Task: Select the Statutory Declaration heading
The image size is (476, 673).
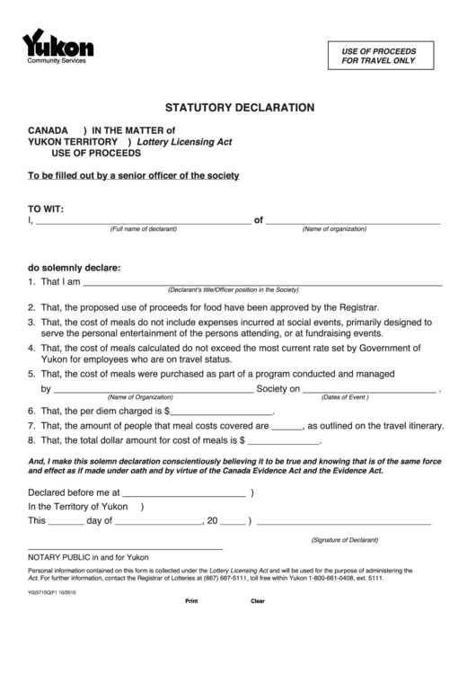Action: coord(238,107)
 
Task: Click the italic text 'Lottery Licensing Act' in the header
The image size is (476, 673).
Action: coord(184,142)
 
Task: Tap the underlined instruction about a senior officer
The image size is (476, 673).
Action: coord(134,175)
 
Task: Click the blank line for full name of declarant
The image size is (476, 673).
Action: coord(143,220)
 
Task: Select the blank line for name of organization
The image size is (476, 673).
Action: coord(354,220)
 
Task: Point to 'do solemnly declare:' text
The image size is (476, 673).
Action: coord(74,267)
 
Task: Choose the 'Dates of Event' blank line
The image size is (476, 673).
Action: coord(369,389)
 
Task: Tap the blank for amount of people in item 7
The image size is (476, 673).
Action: coord(286,426)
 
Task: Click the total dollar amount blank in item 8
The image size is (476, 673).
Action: coord(283,441)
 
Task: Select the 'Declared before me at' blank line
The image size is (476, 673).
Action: coord(183,493)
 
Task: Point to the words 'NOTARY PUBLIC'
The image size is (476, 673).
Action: coord(62,557)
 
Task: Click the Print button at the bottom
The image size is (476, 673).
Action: coord(190,600)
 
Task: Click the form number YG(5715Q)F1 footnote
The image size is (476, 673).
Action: coord(52,592)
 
